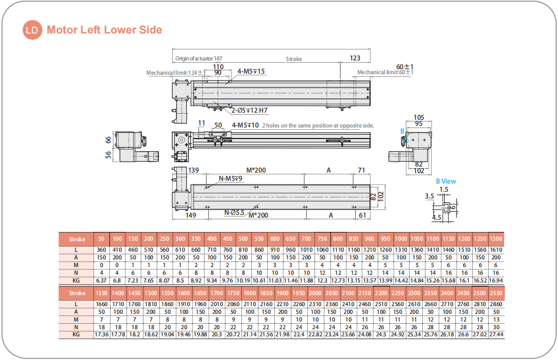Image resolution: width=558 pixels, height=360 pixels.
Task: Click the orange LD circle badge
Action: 32,30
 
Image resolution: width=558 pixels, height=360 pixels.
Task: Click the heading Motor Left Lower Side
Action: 104,30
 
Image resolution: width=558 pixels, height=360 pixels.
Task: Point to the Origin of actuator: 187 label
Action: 198,59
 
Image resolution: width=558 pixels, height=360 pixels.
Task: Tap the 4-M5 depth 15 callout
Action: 251,71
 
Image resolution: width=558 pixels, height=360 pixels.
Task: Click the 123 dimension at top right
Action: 355,58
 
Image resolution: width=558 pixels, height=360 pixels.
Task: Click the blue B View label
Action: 446,181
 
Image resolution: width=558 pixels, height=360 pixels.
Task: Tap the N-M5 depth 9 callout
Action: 231,178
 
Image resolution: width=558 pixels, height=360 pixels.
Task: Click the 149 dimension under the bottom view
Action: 190,215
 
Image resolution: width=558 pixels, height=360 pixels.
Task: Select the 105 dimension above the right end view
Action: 419,117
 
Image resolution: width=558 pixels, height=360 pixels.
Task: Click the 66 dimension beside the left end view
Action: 109,140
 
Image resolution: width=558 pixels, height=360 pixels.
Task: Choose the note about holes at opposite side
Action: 318,125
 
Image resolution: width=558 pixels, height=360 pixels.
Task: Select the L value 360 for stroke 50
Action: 102,250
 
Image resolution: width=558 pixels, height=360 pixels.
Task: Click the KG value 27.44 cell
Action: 496,334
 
